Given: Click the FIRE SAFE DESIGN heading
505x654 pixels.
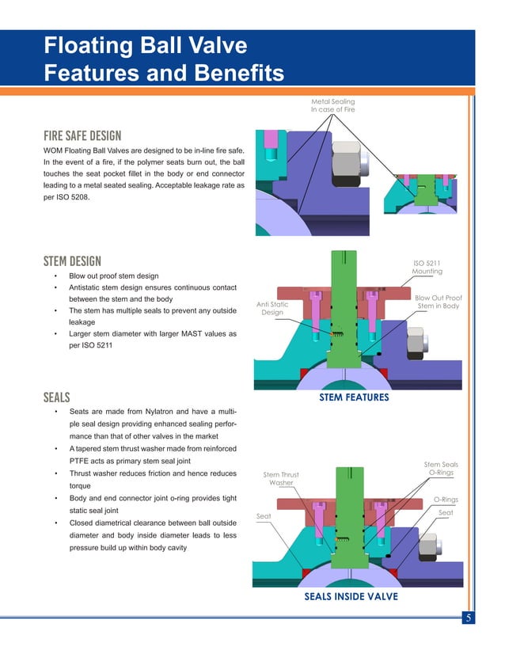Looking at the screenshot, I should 82,135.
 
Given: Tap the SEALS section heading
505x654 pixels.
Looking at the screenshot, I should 58,397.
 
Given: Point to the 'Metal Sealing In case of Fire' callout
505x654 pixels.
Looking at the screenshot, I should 333,105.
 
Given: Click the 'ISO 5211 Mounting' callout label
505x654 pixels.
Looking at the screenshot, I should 427,268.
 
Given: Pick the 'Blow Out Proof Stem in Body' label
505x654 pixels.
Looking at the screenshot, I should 438,302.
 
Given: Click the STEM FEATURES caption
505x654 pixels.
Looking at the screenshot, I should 353,397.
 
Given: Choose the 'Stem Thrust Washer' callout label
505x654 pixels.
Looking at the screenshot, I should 281,478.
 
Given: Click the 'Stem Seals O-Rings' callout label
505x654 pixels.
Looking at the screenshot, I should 441,469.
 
